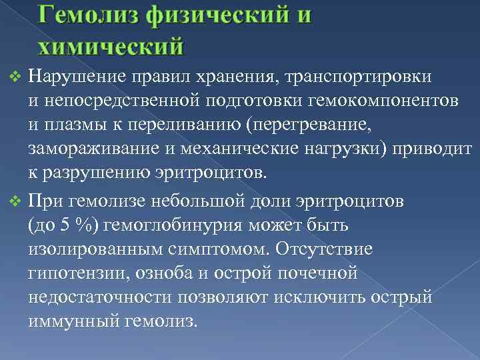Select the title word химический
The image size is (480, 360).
click(x=110, y=46)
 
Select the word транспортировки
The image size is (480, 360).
click(x=363, y=77)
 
